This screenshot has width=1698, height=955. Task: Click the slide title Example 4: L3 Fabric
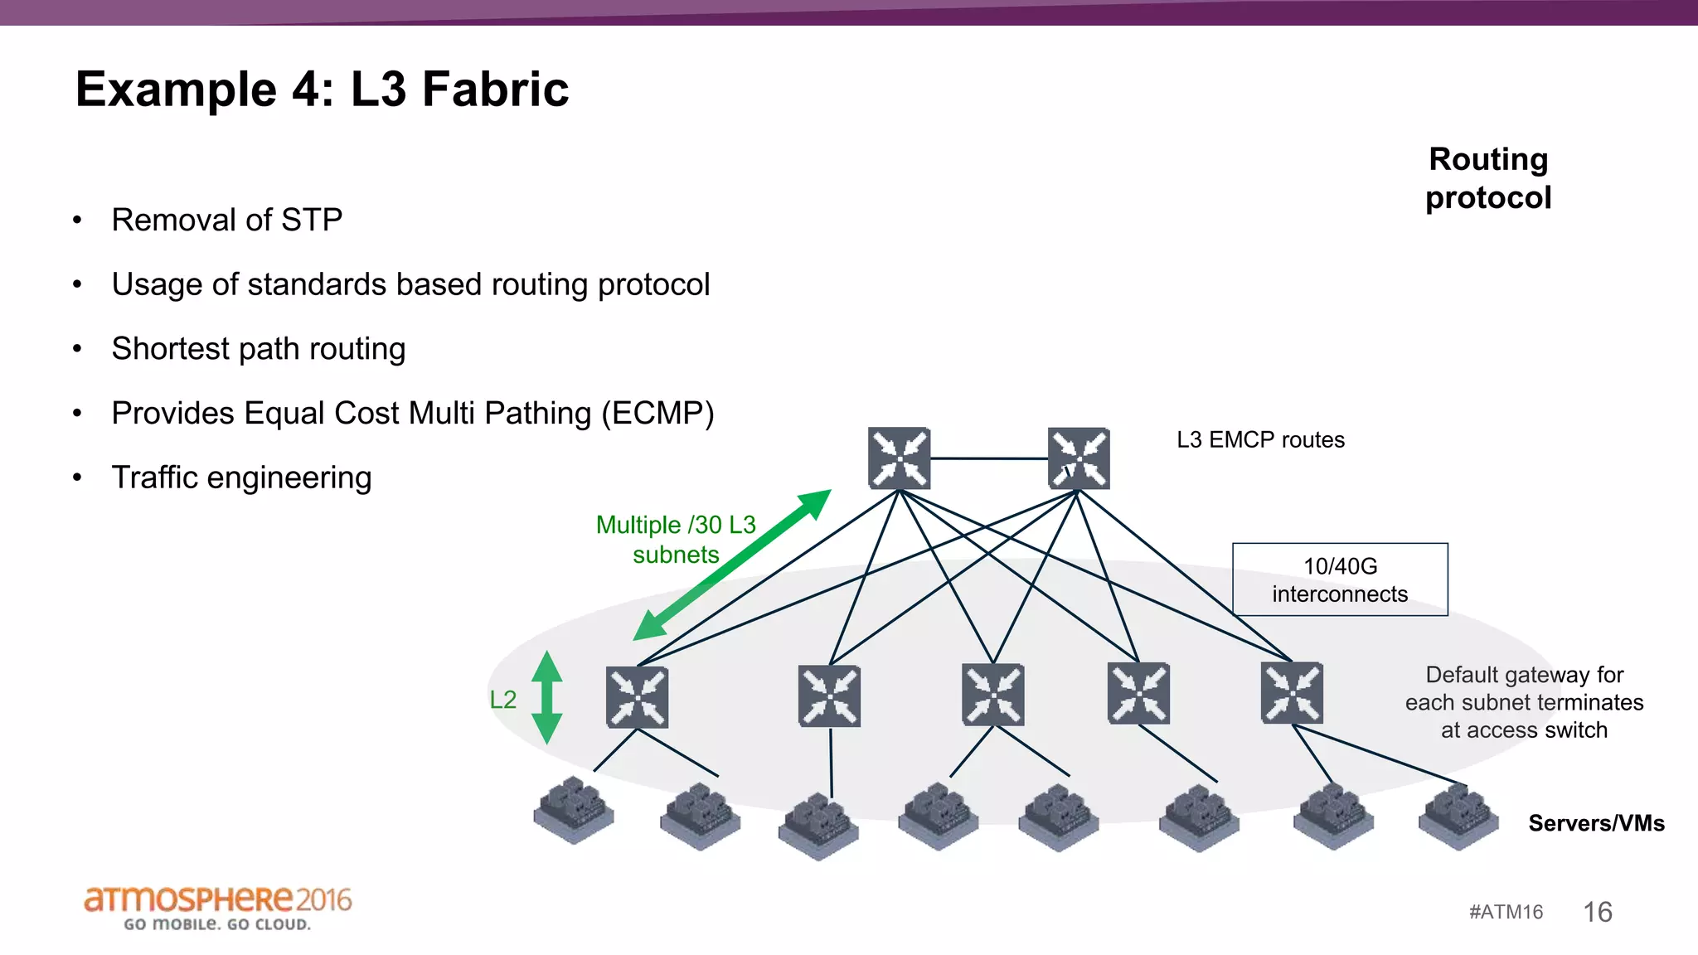322,90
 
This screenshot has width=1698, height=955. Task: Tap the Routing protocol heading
1488,178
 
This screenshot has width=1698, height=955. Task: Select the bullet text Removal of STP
226,220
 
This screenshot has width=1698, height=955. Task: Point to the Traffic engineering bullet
241,477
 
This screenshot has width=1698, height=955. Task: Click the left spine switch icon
899,458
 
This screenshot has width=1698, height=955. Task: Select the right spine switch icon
1078,458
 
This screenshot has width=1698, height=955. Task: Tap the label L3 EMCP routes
1260,439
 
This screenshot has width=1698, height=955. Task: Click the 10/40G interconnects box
1340,579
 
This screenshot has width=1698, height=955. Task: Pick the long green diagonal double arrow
731,565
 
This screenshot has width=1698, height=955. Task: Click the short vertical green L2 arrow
546,697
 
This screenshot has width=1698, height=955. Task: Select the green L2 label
502,700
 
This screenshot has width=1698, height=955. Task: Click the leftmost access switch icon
637,697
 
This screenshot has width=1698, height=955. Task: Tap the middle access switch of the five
992,695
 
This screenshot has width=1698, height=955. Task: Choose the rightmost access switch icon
1291,693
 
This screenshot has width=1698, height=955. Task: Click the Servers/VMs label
1596,823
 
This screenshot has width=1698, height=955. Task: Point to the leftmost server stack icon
574,810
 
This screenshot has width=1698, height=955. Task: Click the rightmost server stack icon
1458,817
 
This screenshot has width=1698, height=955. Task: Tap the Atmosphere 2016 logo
217,908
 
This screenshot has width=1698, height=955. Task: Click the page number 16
1597,912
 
